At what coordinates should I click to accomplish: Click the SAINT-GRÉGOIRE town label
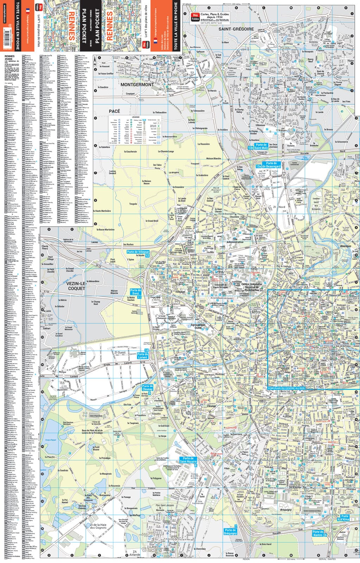pyautogui.click(x=236, y=29)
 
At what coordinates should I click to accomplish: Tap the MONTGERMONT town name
pyautogui.click(x=137, y=85)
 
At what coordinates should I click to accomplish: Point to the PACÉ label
pyautogui.click(x=114, y=111)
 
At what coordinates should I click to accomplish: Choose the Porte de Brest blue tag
pyautogui.click(x=135, y=291)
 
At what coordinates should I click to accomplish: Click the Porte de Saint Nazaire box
pyautogui.click(x=188, y=460)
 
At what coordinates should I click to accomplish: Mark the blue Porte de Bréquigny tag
pyautogui.click(x=230, y=531)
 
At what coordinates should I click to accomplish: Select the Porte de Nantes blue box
pyautogui.click(x=318, y=533)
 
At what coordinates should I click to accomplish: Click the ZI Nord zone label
pyautogui.click(x=279, y=207)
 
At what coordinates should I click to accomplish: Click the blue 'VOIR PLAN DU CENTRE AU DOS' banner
pyautogui.click(x=286, y=388)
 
